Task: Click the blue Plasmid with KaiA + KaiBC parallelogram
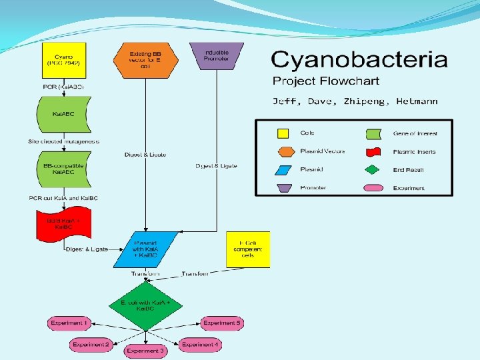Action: pos(146,249)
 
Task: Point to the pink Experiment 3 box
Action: pos(145,351)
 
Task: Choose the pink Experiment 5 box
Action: pos(222,323)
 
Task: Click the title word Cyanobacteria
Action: pos(359,60)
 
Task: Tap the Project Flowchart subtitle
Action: pos(326,81)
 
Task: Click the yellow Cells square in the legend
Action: pos(283,133)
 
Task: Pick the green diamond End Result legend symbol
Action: pos(371,169)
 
